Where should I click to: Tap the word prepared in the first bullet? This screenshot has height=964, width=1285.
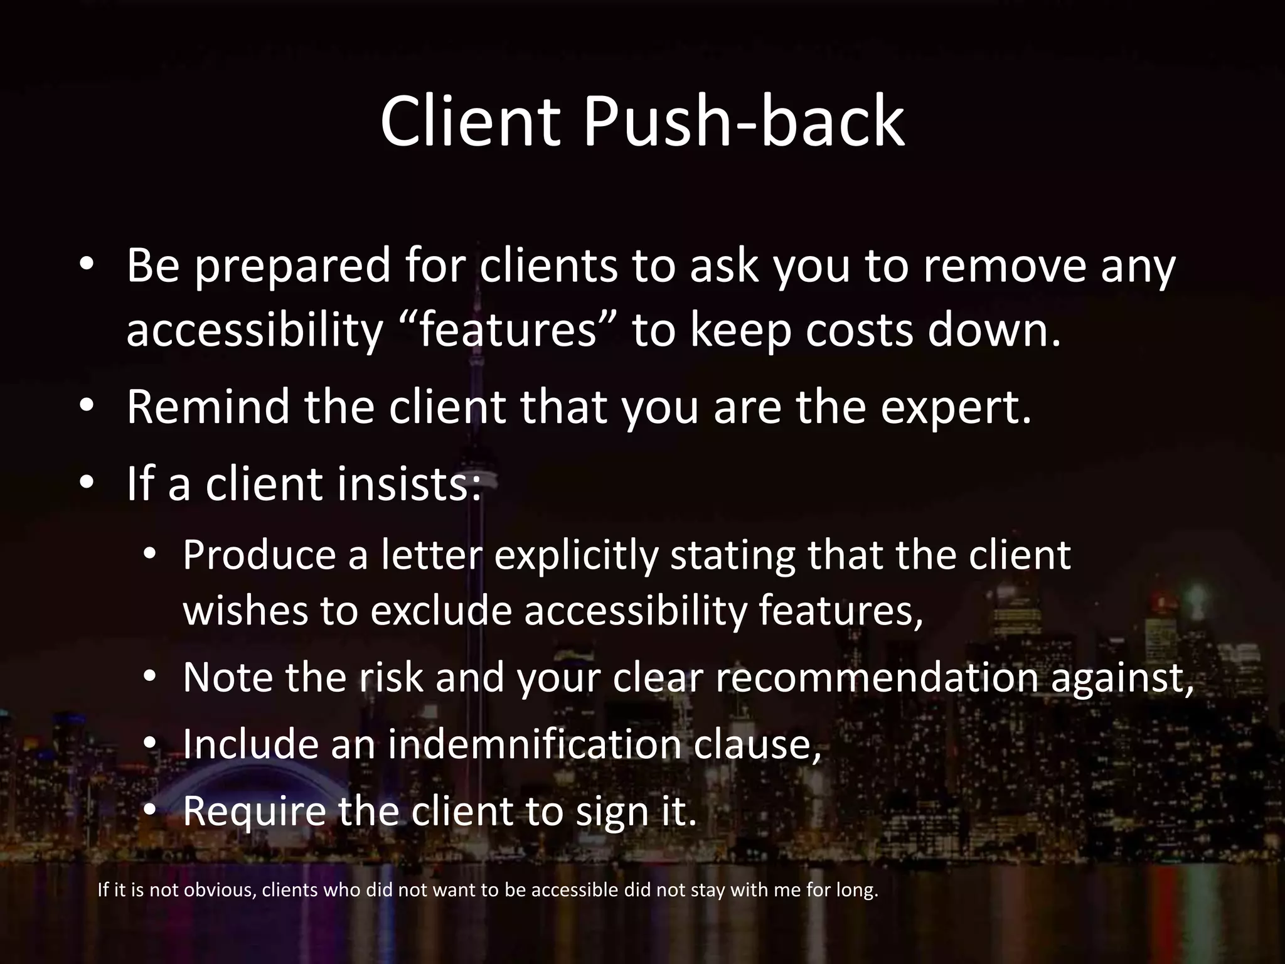(x=292, y=266)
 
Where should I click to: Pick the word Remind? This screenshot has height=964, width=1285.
(x=208, y=407)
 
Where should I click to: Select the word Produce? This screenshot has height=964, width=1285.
(x=259, y=555)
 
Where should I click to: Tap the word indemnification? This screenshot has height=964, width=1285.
(x=533, y=744)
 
